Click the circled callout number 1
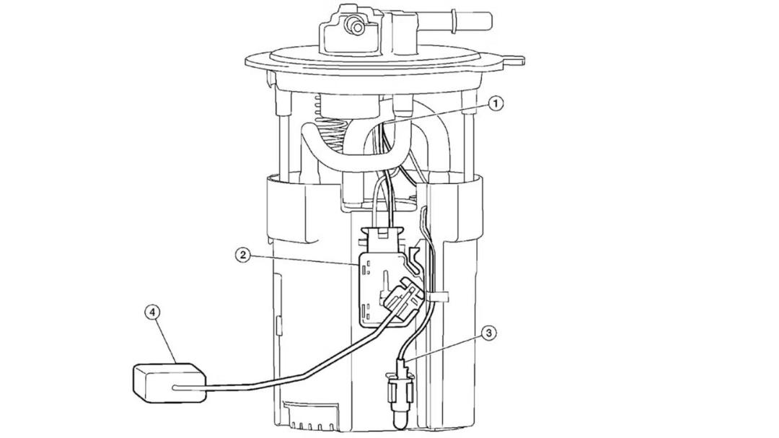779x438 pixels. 496,103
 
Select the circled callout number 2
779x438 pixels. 242,255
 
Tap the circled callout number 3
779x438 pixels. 488,333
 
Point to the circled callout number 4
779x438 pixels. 152,312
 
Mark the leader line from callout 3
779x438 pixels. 443,345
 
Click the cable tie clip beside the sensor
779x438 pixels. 436,297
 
